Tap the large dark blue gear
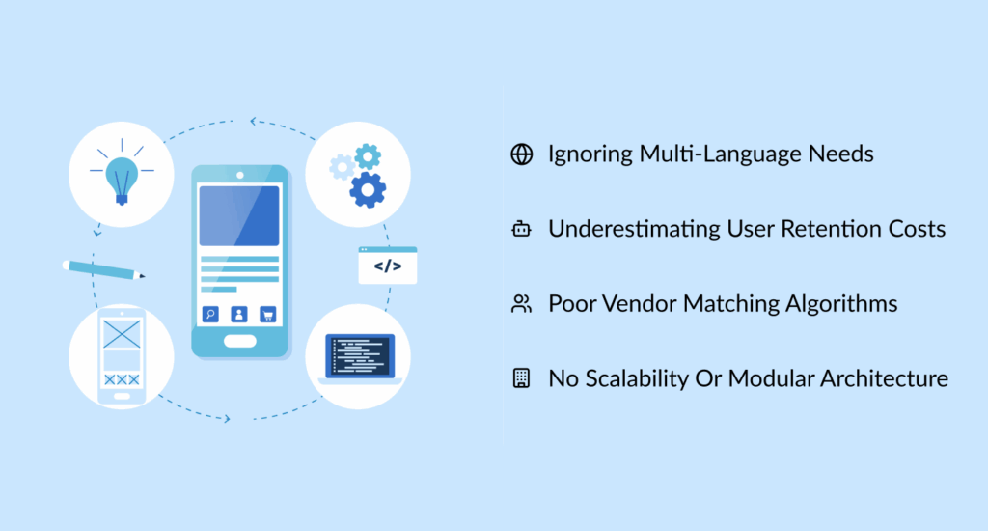click(368, 189)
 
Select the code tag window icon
click(388, 265)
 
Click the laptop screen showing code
click(359, 356)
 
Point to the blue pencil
click(103, 269)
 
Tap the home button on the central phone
click(239, 340)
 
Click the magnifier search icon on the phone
click(210, 314)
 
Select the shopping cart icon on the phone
click(267, 314)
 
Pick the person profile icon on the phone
click(239, 314)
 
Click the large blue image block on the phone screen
click(239, 215)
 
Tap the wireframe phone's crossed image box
click(121, 335)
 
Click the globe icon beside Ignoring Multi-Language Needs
click(521, 154)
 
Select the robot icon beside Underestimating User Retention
click(521, 230)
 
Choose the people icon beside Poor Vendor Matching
click(521, 305)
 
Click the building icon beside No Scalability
click(521, 378)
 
